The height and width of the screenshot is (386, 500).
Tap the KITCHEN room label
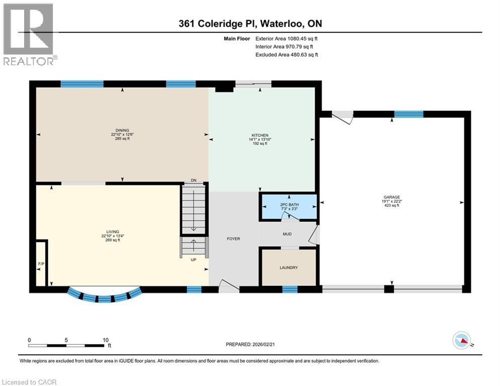click(260, 135)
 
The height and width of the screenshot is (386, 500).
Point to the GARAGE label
click(391, 197)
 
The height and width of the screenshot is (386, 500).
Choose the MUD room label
click(287, 234)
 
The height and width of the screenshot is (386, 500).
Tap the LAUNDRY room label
click(288, 267)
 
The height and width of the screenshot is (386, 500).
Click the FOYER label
click(233, 239)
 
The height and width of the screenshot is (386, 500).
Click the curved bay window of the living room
click(104, 296)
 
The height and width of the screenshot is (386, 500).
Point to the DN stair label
click(193, 180)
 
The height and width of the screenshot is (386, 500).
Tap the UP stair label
click(193, 260)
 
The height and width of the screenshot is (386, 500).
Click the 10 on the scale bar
click(106, 340)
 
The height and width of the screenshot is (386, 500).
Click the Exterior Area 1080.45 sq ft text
click(286, 38)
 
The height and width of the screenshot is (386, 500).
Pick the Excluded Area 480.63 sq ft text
click(286, 55)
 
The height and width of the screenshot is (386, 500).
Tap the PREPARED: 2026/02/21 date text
click(251, 344)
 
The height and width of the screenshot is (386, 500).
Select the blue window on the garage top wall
click(409, 114)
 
